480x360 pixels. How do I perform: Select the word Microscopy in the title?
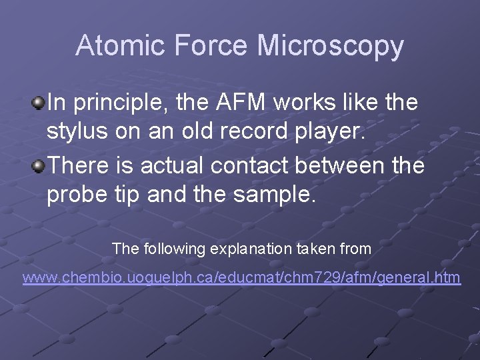[x=330, y=46]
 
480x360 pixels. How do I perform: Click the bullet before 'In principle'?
[x=39, y=102]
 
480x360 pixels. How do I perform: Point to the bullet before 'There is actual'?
[x=39, y=164]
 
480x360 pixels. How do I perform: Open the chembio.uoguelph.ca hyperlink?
[x=241, y=277]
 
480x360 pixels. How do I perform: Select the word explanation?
[x=250, y=249]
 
